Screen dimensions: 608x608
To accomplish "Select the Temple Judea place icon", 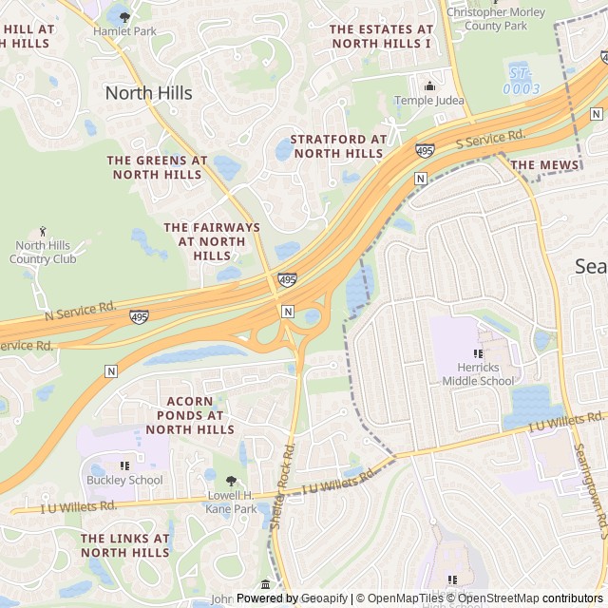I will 428,85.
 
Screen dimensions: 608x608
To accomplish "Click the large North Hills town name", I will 148,93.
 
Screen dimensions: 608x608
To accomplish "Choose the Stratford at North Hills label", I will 338,146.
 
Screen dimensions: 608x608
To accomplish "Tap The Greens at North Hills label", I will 157,167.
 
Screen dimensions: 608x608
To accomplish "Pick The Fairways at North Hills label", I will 211,241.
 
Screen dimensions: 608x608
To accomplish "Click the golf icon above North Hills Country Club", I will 43,231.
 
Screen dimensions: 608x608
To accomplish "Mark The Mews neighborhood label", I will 544,165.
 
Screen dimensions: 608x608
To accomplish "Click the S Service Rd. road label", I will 490,138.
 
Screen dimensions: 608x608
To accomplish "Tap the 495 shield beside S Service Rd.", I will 425,151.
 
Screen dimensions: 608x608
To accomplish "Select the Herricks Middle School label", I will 478,374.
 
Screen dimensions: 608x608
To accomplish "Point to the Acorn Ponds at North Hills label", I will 195,415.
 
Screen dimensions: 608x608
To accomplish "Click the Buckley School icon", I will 123,465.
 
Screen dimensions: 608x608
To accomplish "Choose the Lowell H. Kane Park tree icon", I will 231,481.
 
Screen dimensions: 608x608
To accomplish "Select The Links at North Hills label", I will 124,545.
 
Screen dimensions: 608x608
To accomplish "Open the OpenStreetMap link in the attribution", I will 500,598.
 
